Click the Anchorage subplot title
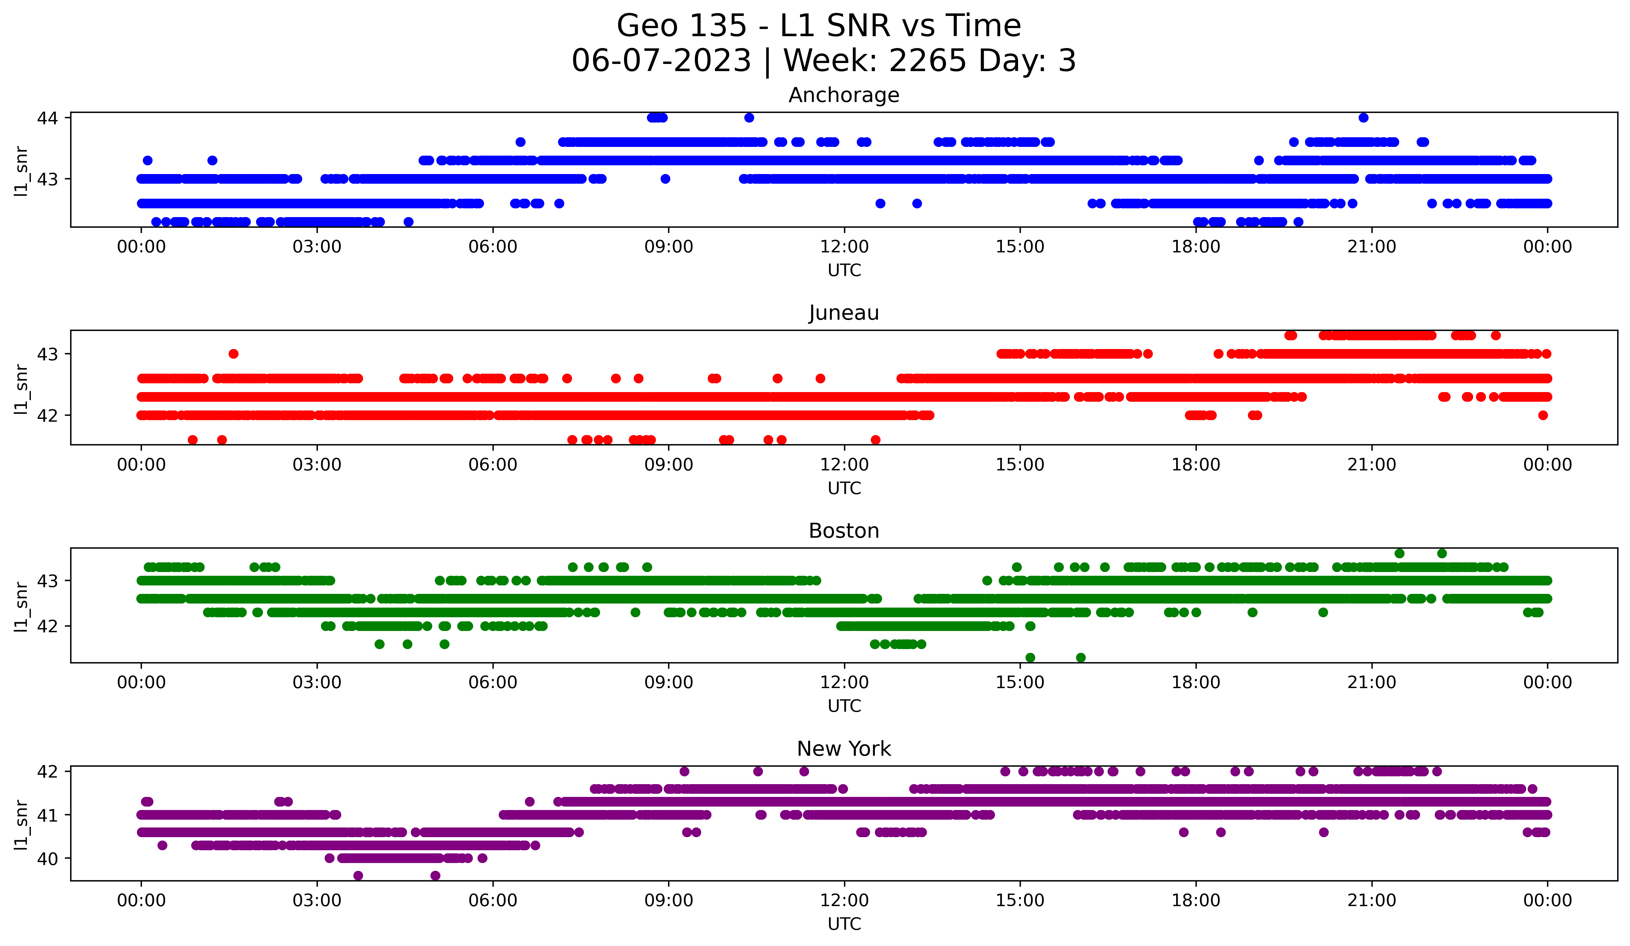coord(843,95)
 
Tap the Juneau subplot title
coord(843,313)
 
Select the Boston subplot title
coord(843,531)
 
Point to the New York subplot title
coord(843,749)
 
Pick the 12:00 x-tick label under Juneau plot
coord(844,464)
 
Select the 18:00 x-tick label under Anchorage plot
coord(1195,246)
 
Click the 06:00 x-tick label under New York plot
coord(493,900)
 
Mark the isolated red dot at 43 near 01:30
coord(234,354)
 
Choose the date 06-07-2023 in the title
coord(661,61)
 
